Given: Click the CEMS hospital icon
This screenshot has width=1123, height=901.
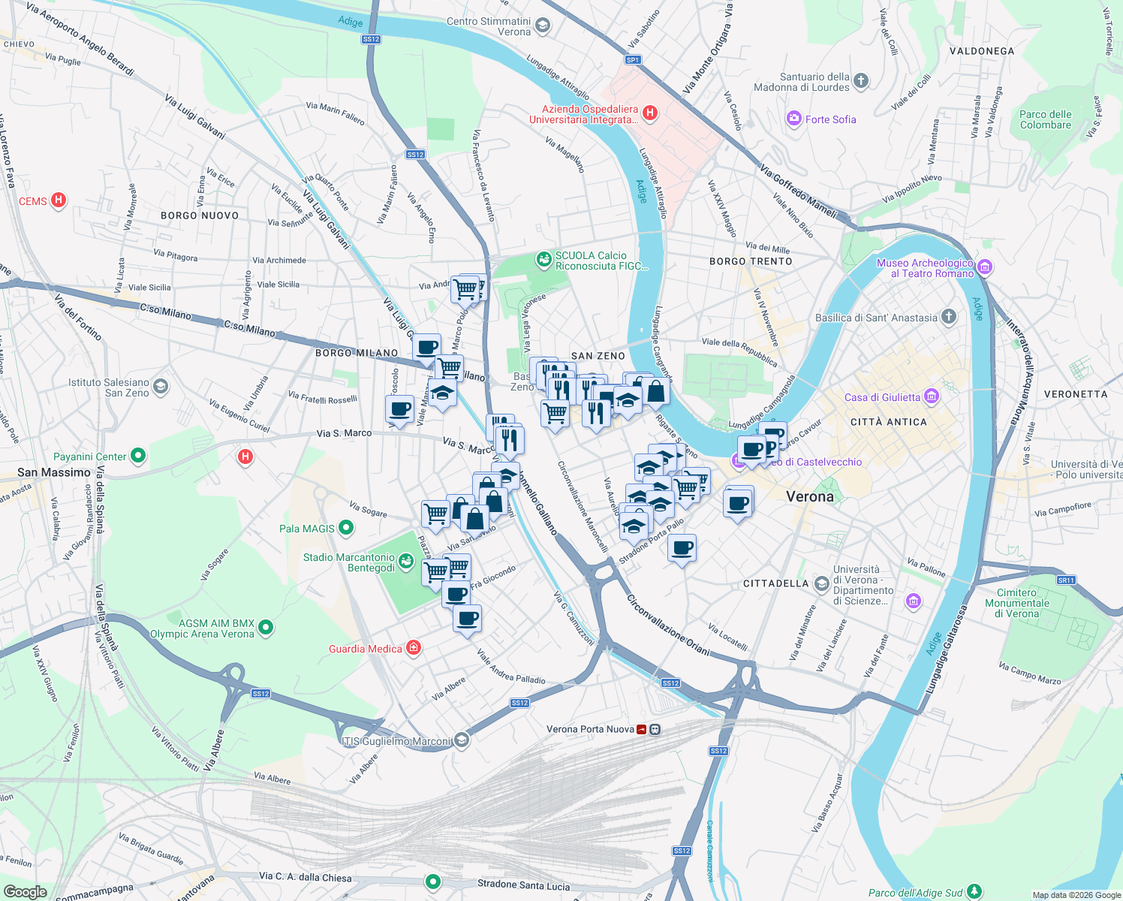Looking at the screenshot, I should (59, 200).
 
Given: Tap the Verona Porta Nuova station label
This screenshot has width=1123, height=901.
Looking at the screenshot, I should (590, 729).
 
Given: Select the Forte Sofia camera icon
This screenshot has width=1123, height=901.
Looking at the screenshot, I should (793, 119).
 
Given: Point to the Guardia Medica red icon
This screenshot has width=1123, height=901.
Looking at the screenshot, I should (414, 648).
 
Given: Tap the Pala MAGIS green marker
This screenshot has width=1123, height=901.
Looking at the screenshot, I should (346, 528).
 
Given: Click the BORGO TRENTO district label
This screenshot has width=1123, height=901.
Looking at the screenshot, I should (751, 261).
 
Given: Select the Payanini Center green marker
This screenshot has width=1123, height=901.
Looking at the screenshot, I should (137, 456).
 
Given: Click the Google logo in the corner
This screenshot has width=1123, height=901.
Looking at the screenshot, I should (25, 891).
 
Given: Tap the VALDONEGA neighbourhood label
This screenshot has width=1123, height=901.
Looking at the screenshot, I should (981, 51).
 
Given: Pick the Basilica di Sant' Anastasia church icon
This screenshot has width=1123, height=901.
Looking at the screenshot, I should (949, 317).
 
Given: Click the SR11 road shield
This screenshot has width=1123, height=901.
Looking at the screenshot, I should (1066, 580).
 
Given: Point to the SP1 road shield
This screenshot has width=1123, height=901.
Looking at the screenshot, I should (632, 60).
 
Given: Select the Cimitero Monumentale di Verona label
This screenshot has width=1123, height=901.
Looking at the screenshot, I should (1017, 603).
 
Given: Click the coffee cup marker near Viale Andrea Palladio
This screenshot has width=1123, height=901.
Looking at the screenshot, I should (467, 619).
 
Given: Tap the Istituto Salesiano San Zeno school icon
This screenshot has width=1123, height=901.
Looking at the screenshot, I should (160, 387).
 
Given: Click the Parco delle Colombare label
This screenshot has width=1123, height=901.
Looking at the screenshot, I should (1045, 119).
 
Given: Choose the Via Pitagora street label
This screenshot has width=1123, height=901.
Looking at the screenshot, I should (176, 255).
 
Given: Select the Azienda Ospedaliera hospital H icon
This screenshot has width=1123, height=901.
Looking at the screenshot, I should (650, 113).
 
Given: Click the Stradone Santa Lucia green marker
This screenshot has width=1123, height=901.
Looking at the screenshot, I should (432, 881).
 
